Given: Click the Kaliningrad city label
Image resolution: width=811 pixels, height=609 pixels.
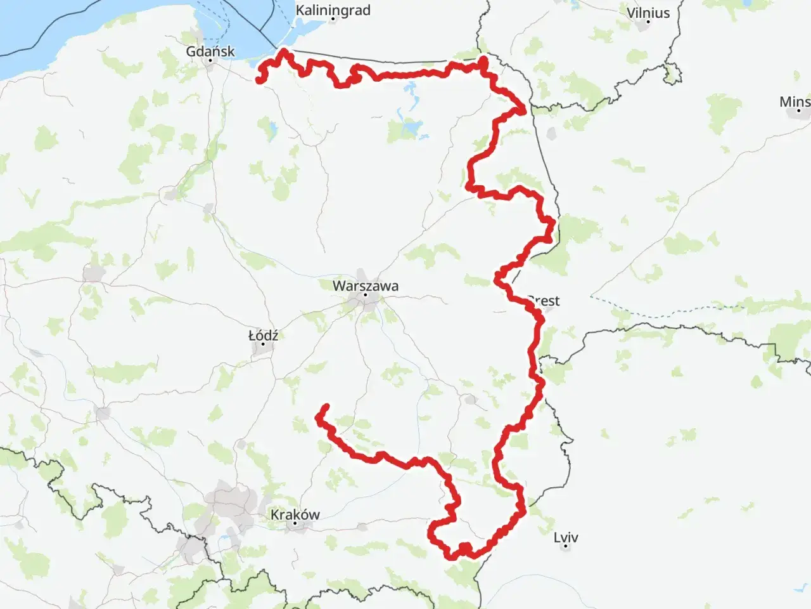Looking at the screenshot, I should pos(333,11).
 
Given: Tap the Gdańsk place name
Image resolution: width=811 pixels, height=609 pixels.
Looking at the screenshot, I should pos(210,51).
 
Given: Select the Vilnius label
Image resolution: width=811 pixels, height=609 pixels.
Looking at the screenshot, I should pos(648,13).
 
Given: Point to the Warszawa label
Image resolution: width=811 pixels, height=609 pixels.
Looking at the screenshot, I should pos(366,285).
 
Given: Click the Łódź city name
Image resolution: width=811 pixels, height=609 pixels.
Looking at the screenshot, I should pos(263,335).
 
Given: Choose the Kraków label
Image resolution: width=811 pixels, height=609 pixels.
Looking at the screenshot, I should pos(295,514).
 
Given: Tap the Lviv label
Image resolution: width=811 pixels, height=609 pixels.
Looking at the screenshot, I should pos(566,537).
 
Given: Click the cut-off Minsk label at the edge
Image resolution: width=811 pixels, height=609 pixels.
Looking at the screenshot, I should pos(795,101).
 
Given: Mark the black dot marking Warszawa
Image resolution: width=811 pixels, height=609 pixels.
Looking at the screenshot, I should pos(366,295).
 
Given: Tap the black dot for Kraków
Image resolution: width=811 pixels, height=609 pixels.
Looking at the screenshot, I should pos(295,524).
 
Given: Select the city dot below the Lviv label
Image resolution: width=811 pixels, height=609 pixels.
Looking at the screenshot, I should pos(566,547).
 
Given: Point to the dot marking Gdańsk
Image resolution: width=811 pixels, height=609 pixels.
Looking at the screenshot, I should pos(210,61).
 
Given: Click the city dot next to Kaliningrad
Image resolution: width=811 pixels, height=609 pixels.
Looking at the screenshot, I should pos(333,20).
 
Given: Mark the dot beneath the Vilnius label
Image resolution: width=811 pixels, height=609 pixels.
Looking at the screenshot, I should pos(648,22).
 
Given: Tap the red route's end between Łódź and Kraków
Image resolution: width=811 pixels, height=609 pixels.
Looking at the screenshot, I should pos(326,406).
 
